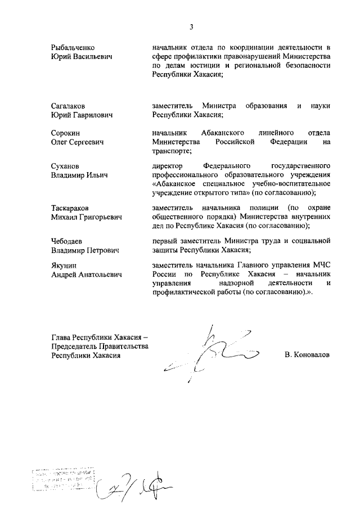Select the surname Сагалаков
[69, 106]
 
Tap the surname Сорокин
[65, 132]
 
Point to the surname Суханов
[65, 166]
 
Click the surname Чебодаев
[68, 241]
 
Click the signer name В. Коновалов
[307, 355]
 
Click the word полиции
[261, 208]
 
